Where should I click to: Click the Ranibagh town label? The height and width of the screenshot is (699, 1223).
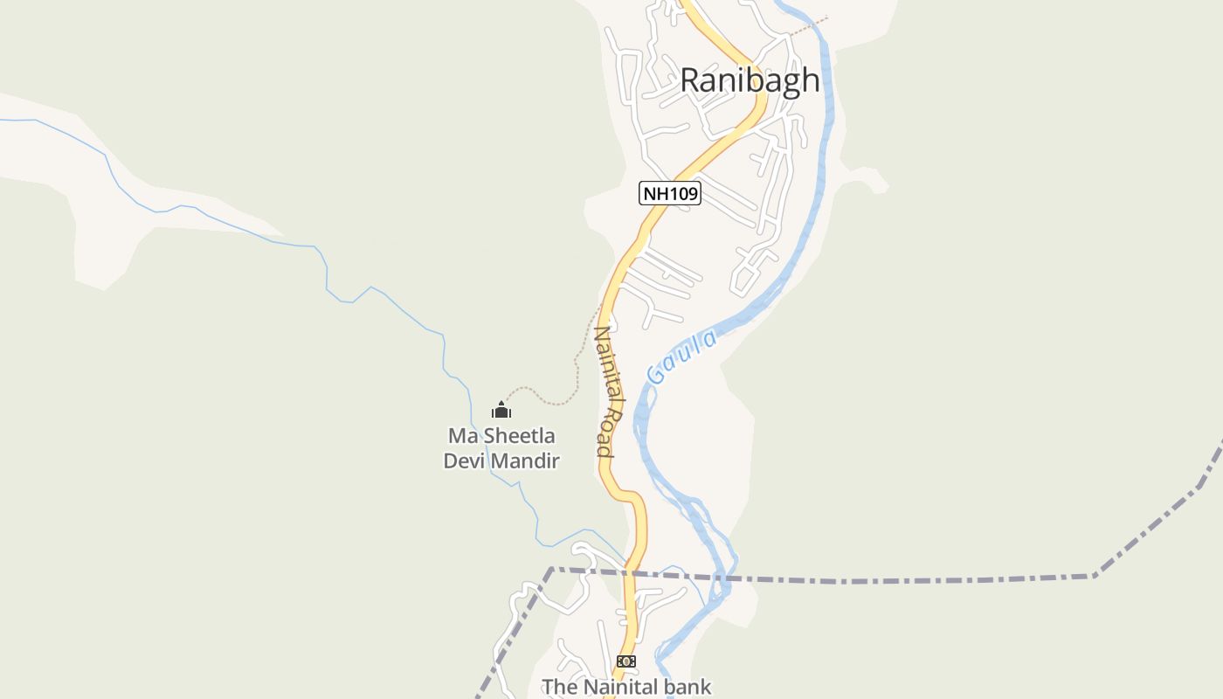(x=750, y=80)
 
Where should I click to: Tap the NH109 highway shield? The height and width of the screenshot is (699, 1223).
(x=670, y=193)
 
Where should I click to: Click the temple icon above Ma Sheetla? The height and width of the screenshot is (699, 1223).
(x=501, y=409)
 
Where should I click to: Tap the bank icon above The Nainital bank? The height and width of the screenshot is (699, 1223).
(x=626, y=661)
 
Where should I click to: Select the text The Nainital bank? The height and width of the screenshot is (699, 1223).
(x=626, y=687)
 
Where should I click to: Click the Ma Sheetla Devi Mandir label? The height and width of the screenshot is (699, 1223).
(x=501, y=448)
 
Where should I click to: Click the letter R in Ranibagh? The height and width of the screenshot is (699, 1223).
(x=690, y=80)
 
